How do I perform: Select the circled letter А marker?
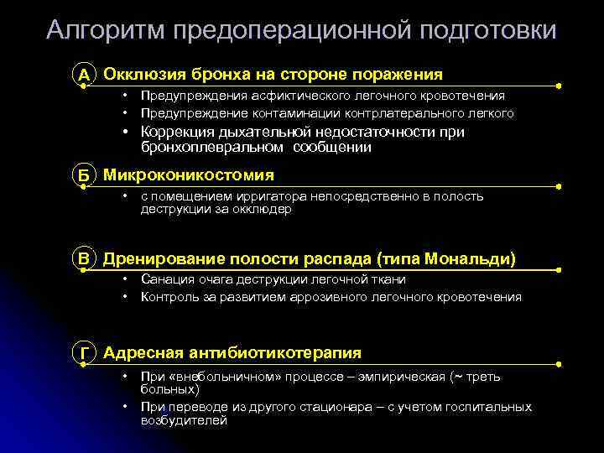tap(84, 75)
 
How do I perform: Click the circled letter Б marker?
tap(84, 175)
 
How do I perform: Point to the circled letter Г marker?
tap(84, 353)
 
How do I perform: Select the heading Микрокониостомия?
tap(188, 174)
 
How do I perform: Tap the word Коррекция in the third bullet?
tap(177, 132)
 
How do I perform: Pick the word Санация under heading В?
tap(167, 280)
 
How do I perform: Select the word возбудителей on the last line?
tap(184, 420)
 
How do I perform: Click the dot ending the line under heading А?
tap(560, 86)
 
